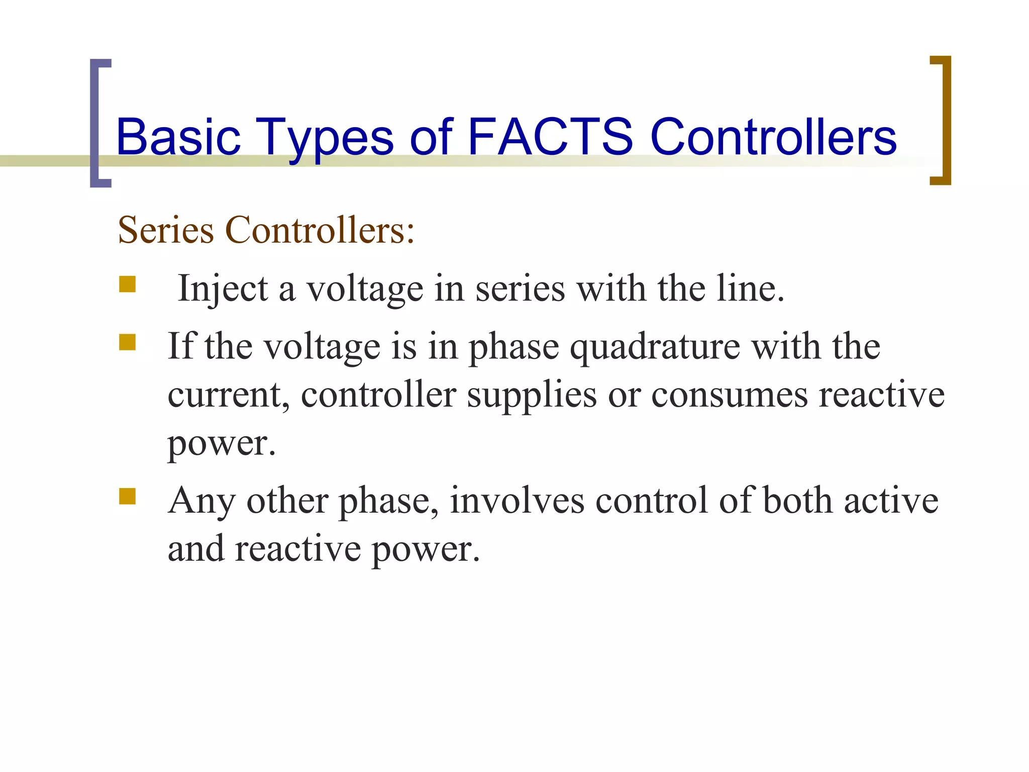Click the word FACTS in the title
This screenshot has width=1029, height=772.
[550, 137]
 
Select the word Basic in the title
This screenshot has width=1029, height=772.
[178, 137]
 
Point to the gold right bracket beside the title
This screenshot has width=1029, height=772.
[944, 121]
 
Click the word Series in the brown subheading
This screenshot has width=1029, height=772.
[166, 230]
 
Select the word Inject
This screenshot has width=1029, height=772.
[223, 289]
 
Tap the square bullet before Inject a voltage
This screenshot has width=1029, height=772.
[128, 284]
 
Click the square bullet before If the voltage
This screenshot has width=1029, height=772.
[128, 343]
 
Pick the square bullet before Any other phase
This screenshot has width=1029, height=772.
[128, 496]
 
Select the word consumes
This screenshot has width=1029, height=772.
[730, 395]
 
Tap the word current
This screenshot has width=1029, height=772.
[229, 395]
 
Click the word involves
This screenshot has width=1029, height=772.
[517, 501]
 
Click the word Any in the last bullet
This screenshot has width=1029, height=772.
[201, 502]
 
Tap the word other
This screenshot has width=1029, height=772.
[287, 501]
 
